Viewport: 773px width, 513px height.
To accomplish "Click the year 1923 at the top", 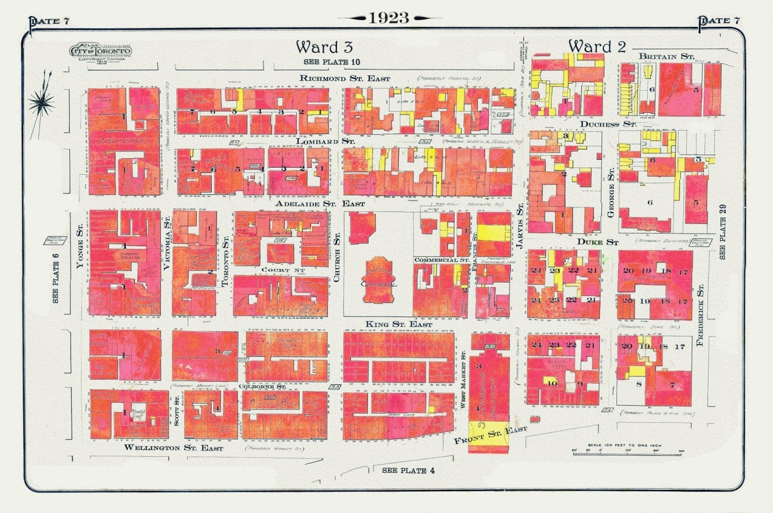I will (389, 18).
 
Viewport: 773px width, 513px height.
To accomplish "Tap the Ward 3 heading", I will (324, 47).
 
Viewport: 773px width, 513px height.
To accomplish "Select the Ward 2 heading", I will (596, 47).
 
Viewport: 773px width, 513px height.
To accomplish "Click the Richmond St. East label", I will (345, 78).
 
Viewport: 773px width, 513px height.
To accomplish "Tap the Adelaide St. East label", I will (320, 204).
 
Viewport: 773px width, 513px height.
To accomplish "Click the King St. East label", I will (399, 324).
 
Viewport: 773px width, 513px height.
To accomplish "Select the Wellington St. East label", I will (173, 448).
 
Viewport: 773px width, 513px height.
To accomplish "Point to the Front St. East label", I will (490, 436).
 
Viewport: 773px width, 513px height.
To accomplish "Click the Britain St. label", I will (666, 56).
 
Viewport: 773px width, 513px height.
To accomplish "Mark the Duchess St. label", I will (608, 124).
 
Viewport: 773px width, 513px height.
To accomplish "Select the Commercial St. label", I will (441, 260).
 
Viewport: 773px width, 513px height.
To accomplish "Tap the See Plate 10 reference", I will (332, 62).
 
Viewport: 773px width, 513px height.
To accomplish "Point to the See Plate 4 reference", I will (404, 470).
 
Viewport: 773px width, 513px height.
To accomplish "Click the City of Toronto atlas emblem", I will (100, 52).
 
